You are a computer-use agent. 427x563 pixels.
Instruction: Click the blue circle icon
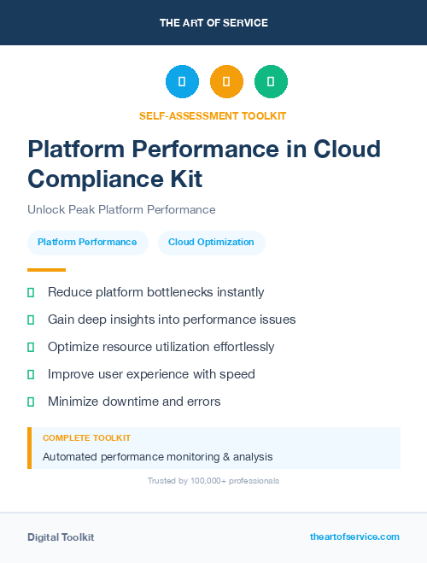click(182, 81)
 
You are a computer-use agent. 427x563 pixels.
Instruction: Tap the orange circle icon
click(226, 81)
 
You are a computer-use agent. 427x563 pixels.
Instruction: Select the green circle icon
click(271, 81)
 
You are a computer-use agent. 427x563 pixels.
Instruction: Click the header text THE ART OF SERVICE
click(213, 23)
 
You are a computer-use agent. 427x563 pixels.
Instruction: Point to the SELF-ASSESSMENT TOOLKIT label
click(213, 115)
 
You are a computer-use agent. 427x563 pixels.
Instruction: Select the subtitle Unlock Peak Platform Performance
click(121, 209)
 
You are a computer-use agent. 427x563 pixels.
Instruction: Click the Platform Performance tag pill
click(87, 243)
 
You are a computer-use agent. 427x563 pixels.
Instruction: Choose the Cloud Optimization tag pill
click(211, 243)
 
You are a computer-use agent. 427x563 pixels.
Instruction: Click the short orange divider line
click(46, 270)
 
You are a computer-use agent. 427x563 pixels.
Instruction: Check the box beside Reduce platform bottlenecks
click(31, 293)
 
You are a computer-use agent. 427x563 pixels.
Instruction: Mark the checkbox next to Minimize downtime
click(31, 402)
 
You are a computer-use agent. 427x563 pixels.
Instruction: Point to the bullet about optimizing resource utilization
click(161, 347)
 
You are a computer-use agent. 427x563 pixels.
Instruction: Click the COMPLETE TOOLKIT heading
click(86, 437)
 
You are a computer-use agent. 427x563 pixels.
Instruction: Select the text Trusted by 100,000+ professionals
click(213, 481)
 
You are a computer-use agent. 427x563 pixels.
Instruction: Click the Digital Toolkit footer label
click(61, 537)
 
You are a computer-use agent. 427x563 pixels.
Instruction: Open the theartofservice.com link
click(354, 537)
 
